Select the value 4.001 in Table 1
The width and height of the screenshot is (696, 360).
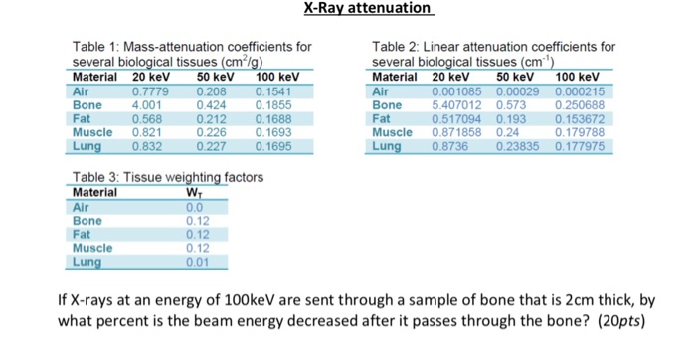(147, 104)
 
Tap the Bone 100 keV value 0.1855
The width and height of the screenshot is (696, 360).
(275, 104)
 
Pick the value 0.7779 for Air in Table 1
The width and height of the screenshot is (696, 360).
(150, 90)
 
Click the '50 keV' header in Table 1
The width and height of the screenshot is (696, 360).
(217, 77)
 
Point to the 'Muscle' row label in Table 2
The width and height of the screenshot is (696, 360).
(392, 132)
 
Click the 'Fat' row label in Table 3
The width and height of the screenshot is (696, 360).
(84, 234)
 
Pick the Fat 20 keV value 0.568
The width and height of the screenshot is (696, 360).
(147, 118)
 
